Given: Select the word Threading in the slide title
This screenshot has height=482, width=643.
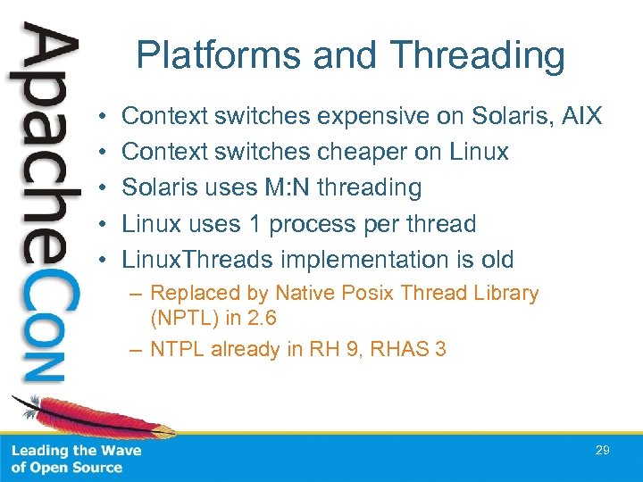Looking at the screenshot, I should tap(479, 55).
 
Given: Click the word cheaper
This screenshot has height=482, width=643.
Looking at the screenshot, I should tap(363, 152).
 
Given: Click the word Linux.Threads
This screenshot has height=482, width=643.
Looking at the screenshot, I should tap(197, 260).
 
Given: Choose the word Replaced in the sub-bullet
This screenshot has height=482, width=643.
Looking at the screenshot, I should tap(190, 293).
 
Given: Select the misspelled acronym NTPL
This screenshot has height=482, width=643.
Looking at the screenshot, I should tap(178, 349).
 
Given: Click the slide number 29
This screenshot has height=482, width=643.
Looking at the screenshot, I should tap(602, 451).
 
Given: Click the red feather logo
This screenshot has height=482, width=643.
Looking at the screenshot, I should tap(54, 420).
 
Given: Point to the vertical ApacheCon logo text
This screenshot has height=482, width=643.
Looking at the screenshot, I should tap(45, 205).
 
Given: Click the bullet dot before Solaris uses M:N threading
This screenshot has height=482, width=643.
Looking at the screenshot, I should tap(104, 188).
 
